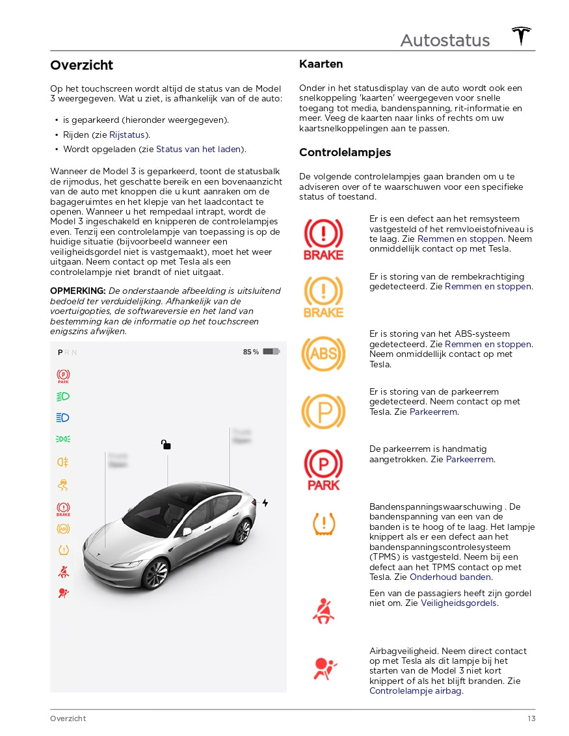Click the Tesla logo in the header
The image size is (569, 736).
pos(521,36)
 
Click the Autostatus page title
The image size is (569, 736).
pos(445,40)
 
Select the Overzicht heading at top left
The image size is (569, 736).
pos(82,65)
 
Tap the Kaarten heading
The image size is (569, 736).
pos(321,64)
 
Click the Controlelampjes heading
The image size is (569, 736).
pos(345,153)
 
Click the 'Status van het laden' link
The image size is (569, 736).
pos(198,149)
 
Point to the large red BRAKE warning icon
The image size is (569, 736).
pos(323,239)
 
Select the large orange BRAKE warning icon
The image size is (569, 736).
pos(323,296)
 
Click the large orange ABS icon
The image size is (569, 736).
pos(323,353)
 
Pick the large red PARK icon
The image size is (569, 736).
pos(323,469)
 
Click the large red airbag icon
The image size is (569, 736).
pos(323,668)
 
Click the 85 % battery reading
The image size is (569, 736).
pos(251,352)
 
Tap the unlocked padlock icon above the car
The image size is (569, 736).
pos(166,445)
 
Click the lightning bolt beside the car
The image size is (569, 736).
pos(265,503)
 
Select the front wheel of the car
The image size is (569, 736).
pos(155,573)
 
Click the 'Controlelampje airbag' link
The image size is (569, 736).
pos(416,690)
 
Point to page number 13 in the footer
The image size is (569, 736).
pos(531,718)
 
